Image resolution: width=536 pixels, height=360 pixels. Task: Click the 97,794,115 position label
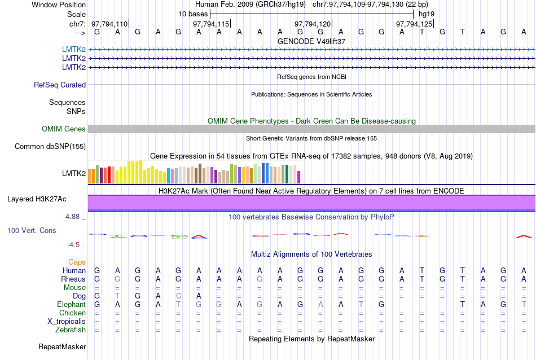pyautogui.click(x=211, y=24)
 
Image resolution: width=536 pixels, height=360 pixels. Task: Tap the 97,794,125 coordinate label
pyautogui.click(x=414, y=24)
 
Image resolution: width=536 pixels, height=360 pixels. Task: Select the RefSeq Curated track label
pyautogui.click(x=60, y=85)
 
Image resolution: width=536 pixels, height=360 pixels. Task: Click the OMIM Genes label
pyautogui.click(x=64, y=129)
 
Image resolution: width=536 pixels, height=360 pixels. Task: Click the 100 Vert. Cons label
pyautogui.click(x=32, y=231)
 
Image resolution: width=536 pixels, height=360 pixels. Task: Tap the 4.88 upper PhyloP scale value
pyautogui.click(x=74, y=217)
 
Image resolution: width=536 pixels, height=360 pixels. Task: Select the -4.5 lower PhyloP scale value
pyautogui.click(x=76, y=245)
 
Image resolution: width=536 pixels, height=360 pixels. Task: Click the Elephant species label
pyautogui.click(x=72, y=304)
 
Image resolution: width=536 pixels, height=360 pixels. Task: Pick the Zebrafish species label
pyautogui.click(x=71, y=330)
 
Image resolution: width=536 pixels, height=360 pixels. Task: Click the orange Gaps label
pyautogui.click(x=77, y=262)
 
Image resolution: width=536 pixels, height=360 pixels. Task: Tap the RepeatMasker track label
pyautogui.click(x=62, y=346)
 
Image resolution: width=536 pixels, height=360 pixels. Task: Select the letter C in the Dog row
pyautogui.click(x=178, y=296)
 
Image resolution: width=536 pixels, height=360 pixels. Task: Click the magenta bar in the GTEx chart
pyautogui.click(x=299, y=177)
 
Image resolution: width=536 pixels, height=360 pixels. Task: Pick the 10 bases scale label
pyautogui.click(x=193, y=13)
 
